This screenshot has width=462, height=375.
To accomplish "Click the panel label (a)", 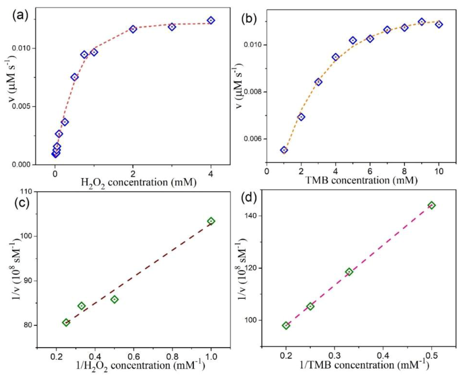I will click(x=20, y=16).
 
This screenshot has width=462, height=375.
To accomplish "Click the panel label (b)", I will click(x=249, y=18).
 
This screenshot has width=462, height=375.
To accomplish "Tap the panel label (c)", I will click(x=22, y=202).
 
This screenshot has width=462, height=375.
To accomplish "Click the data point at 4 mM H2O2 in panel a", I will click(x=211, y=20).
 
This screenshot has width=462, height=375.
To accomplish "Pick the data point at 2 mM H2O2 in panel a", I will click(x=133, y=29).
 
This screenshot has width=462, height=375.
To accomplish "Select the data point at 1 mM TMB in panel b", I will click(x=284, y=150).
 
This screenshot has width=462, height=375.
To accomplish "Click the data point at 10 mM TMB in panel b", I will click(x=439, y=24).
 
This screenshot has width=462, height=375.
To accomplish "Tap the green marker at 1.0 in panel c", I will click(x=211, y=221).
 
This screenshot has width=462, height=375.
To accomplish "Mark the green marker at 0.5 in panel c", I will click(x=115, y=299).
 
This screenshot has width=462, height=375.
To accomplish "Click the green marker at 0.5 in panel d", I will click(x=432, y=205).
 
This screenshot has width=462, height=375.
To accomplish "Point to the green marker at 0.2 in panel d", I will click(x=286, y=325).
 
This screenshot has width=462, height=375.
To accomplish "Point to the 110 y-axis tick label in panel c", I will click(x=26, y=192).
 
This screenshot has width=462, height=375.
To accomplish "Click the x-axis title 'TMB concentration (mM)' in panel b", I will click(x=361, y=180).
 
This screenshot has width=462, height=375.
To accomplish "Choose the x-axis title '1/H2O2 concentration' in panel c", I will click(x=140, y=365).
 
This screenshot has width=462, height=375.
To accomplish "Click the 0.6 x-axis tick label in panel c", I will click(x=134, y=357).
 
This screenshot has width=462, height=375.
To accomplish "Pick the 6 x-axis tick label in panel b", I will click(x=370, y=171).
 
